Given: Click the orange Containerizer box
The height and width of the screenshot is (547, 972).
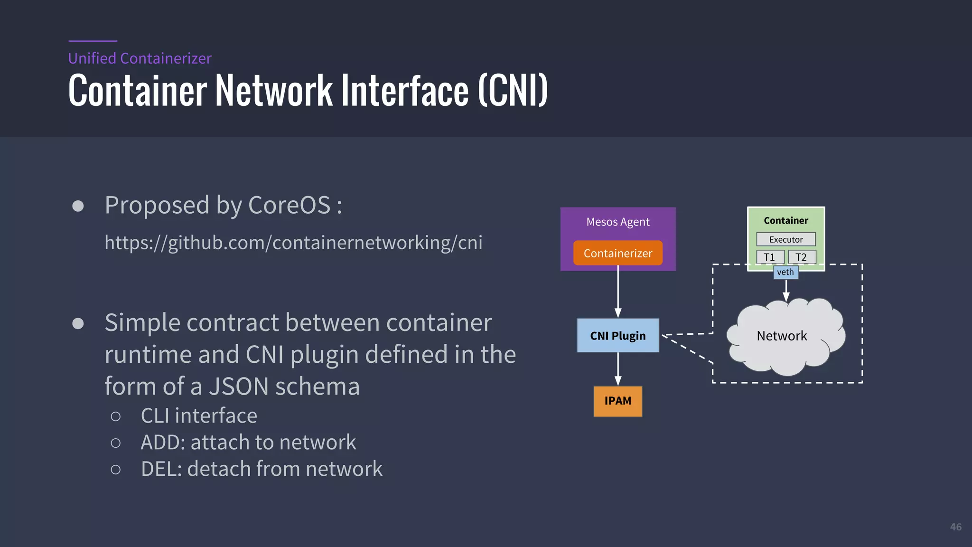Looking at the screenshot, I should click(x=617, y=253).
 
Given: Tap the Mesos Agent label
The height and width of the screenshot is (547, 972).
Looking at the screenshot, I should click(x=617, y=222).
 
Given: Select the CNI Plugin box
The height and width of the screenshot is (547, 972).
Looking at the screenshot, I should click(x=617, y=336).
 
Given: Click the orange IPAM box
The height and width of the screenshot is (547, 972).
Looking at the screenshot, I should click(x=617, y=401).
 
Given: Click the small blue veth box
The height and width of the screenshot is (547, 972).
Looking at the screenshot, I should click(x=785, y=272).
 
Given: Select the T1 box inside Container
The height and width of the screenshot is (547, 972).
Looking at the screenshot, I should click(x=769, y=257).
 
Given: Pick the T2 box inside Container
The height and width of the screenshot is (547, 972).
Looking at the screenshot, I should click(x=801, y=257).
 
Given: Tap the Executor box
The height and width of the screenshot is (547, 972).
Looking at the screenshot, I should click(x=785, y=239).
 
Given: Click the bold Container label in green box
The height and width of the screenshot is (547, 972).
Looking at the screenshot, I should click(x=785, y=220).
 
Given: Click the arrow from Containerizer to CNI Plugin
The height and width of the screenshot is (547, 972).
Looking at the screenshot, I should click(x=618, y=292).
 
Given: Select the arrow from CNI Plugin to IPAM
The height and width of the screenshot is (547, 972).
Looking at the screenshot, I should click(x=618, y=369).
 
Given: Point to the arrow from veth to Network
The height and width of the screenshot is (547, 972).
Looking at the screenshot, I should click(x=786, y=290).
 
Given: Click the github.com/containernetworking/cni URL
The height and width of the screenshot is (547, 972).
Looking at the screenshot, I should click(x=293, y=243).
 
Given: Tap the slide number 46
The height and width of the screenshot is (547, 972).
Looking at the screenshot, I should click(x=955, y=527).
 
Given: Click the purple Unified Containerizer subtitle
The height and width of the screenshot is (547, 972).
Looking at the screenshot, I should click(x=140, y=58).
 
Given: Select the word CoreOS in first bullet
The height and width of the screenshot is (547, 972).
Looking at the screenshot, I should click(x=289, y=205).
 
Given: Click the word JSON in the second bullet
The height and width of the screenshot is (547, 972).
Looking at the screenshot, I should click(x=239, y=386).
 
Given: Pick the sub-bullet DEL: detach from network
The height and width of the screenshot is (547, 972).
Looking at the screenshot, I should click(x=261, y=469).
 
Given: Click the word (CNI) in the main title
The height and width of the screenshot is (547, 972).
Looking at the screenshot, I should click(x=513, y=90).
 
